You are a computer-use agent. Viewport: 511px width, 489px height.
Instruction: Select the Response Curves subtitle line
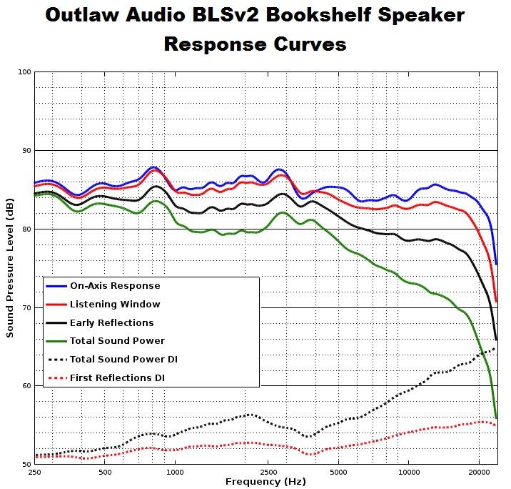(x=255, y=44)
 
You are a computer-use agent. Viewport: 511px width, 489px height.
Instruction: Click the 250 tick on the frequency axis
(x=34, y=473)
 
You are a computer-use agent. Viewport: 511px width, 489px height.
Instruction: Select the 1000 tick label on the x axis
(x=175, y=473)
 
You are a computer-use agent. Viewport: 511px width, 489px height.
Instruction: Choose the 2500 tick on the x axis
(x=268, y=473)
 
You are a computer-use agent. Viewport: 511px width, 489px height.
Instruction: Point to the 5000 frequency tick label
(x=338, y=473)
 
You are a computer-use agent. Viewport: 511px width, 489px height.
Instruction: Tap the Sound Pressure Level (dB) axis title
(x=10, y=268)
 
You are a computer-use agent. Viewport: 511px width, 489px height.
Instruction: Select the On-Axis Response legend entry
(x=114, y=286)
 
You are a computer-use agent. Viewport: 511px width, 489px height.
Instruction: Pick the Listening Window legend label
(x=115, y=305)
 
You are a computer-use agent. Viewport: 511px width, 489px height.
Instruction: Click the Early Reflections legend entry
(x=111, y=323)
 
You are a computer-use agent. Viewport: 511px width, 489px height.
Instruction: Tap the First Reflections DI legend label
(x=118, y=377)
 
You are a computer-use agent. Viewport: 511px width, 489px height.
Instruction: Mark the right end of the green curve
(x=496, y=417)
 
